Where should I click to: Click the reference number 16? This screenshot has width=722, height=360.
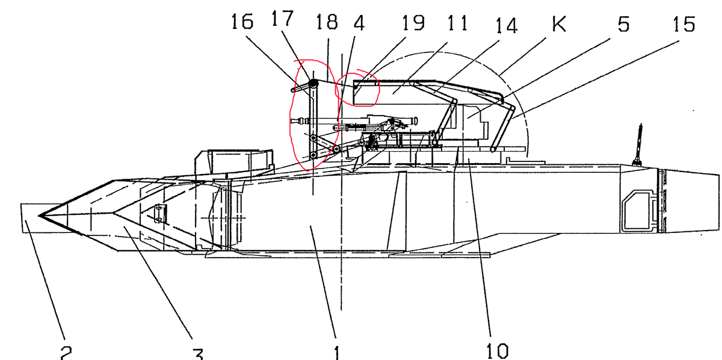[242, 22]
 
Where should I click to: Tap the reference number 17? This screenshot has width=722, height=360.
[283, 19]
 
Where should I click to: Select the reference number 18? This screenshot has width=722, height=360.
[327, 22]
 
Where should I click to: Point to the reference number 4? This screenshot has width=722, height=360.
[359, 23]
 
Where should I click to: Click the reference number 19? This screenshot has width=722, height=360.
[413, 23]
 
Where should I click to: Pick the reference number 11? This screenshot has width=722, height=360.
[458, 23]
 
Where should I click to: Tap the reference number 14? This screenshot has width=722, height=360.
[507, 25]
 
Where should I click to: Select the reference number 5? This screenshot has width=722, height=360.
[624, 24]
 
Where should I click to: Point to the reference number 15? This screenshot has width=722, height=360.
[684, 24]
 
